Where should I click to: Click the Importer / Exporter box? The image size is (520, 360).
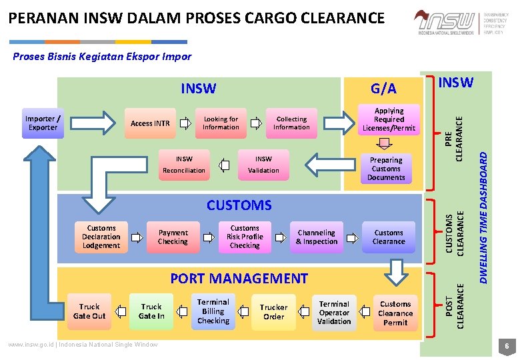point(43,123)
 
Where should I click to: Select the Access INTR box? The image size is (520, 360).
point(150,123)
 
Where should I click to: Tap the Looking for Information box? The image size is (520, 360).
point(221,123)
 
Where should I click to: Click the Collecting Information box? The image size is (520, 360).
point(291,123)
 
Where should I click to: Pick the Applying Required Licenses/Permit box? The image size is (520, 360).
point(389,119)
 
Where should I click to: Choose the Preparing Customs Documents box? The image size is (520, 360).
point(386,169)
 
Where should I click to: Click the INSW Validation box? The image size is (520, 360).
point(263,165)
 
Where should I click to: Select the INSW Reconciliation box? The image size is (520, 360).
point(184,165)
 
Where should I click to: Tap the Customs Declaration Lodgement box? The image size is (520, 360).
point(101,237)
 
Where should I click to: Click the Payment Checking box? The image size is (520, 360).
point(173,237)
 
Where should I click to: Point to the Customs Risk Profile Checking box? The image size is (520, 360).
point(245,237)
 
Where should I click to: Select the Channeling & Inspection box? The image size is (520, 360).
point(317,237)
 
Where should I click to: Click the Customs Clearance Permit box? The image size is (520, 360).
point(395,313)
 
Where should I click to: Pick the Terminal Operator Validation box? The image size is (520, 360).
point(334,313)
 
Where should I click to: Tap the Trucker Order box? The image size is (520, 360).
point(273,312)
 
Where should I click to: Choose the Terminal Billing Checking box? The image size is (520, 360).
point(213,311)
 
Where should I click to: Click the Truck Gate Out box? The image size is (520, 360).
point(89,311)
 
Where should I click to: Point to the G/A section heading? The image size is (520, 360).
point(383,89)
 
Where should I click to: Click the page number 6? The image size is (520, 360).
point(507,347)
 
